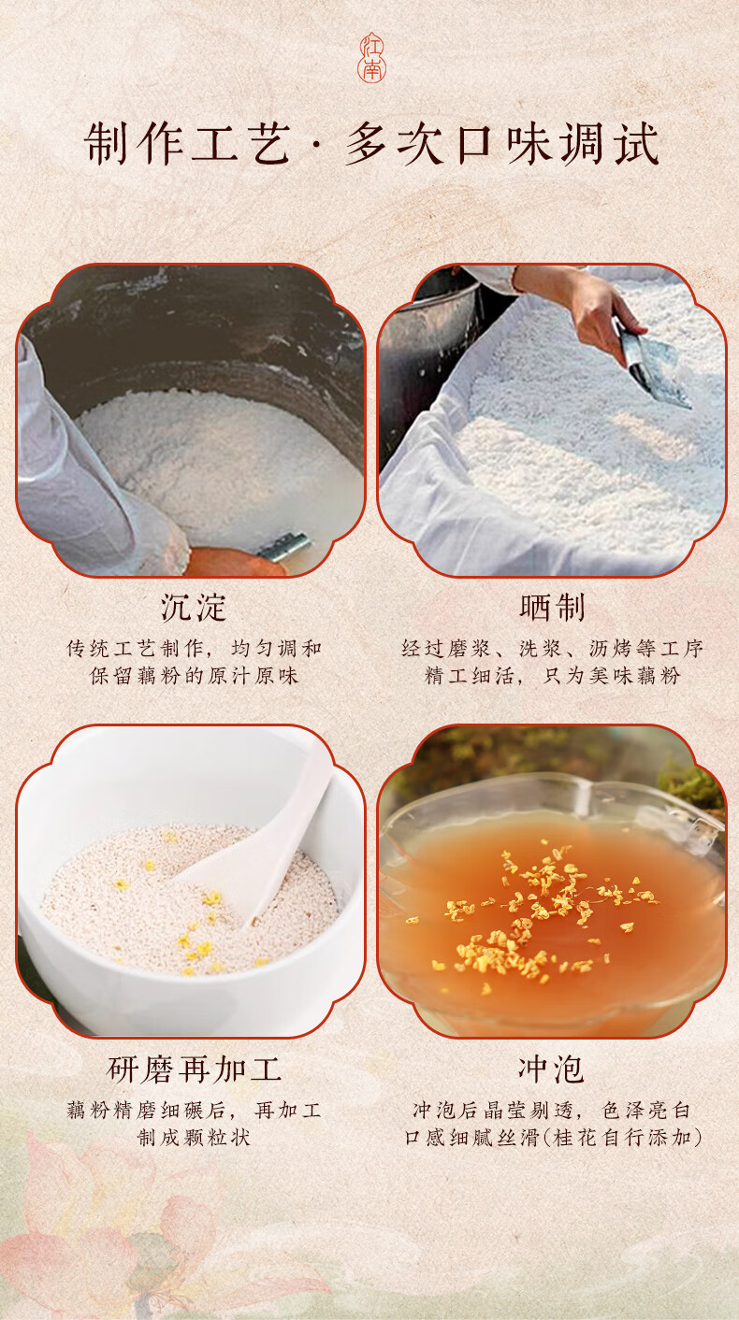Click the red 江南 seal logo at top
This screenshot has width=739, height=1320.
[x=371, y=58]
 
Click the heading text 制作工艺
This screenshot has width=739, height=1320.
[x=187, y=145]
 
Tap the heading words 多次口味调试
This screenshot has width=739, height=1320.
[x=502, y=145]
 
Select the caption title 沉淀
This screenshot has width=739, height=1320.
[x=194, y=608]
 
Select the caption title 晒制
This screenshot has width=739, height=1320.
[x=552, y=608]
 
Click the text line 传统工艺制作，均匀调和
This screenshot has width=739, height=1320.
[x=194, y=649]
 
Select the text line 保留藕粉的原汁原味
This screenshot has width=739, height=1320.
[x=194, y=676]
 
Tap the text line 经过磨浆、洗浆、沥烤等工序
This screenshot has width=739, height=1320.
[x=552, y=649]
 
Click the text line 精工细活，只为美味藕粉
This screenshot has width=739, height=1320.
[x=552, y=676]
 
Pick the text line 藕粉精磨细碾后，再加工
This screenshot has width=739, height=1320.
[x=194, y=1111]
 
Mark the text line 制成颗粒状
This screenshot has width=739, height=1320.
[x=194, y=1138]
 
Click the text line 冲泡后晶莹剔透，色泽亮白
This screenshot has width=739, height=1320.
[x=552, y=1111]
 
